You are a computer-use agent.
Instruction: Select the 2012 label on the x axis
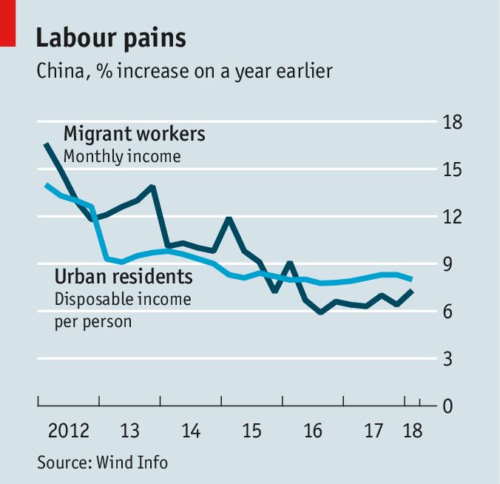pos(69,431)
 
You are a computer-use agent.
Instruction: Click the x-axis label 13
pos(130,431)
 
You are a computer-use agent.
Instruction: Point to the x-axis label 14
pos(191,431)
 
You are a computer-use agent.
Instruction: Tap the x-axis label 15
pos(252,431)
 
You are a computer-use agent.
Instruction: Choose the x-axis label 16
pos(314,431)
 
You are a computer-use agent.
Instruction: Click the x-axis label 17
pos(374,431)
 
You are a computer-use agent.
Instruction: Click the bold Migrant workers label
pos(134,135)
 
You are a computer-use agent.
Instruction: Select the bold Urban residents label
pos(124,278)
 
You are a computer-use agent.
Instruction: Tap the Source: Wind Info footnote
pos(103,463)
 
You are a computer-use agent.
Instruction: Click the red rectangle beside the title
pos(7,24)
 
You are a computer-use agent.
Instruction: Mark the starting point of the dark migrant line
pos(46,144)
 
